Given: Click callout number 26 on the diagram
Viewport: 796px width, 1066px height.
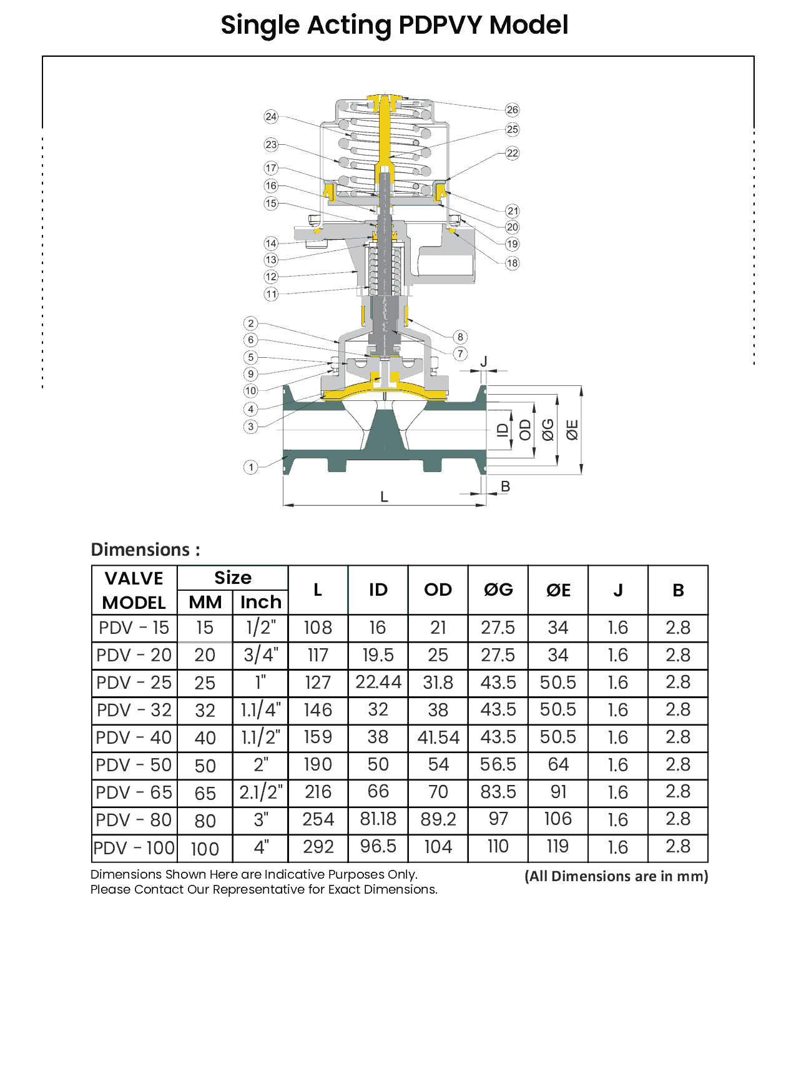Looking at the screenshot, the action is (512, 110).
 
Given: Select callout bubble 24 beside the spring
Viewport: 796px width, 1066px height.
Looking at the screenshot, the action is (271, 117).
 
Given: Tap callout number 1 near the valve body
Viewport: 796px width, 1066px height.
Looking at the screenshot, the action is (250, 467).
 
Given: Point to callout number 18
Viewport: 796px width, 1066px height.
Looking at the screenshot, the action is (512, 263).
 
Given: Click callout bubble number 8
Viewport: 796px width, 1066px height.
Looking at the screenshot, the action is (460, 337).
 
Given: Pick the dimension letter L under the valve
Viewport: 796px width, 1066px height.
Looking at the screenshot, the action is (384, 497).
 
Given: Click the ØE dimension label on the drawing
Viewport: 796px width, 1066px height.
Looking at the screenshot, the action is (572, 430).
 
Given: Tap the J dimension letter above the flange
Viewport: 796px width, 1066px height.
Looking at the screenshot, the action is (483, 362).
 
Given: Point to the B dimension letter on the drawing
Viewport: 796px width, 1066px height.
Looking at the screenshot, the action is (506, 486).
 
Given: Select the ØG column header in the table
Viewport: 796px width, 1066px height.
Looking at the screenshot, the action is (498, 590).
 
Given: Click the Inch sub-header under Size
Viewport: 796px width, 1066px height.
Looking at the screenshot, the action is (260, 602).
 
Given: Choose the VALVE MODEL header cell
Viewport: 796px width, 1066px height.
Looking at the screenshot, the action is (134, 590).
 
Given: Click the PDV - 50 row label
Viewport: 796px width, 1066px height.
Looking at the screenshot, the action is (134, 765).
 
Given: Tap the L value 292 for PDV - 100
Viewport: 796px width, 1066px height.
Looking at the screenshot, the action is (318, 847).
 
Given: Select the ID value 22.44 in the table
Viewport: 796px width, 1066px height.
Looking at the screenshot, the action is (378, 682).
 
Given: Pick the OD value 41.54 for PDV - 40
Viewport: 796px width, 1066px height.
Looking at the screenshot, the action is (438, 738).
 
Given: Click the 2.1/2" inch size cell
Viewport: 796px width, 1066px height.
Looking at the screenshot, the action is (261, 792).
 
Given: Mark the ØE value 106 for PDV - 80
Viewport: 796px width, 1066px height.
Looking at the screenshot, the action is (558, 819).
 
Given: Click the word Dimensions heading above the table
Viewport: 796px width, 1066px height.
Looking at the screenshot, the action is (140, 550).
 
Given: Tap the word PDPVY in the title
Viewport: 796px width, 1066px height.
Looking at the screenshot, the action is (440, 26).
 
